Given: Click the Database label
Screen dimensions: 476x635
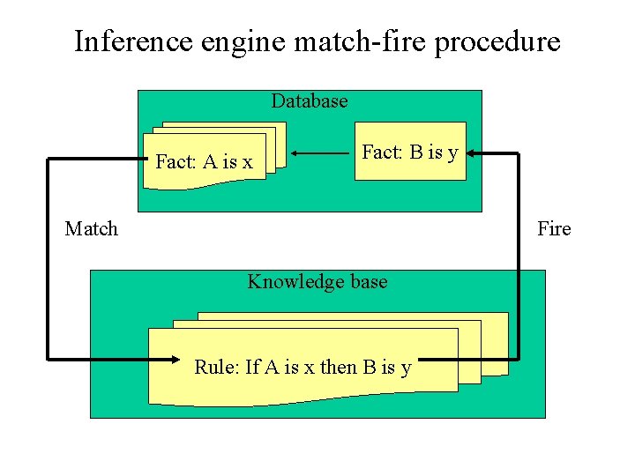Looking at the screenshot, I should coord(310,101).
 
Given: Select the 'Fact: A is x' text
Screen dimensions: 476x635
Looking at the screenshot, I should coord(204,161).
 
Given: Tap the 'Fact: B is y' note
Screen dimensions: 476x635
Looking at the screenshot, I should coord(410,152).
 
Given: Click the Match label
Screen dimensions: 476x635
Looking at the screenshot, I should coord(91,229).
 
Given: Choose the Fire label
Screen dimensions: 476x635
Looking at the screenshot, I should coord(554,229).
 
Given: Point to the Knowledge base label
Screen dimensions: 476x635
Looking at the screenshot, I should coord(317,282).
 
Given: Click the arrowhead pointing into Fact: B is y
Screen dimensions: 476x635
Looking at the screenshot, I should coord(473,154).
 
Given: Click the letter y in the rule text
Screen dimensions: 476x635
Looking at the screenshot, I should coord(405,368).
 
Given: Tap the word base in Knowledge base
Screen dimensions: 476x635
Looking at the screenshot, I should coord(368,282).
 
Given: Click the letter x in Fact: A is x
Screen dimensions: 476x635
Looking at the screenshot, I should coord(247,162).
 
